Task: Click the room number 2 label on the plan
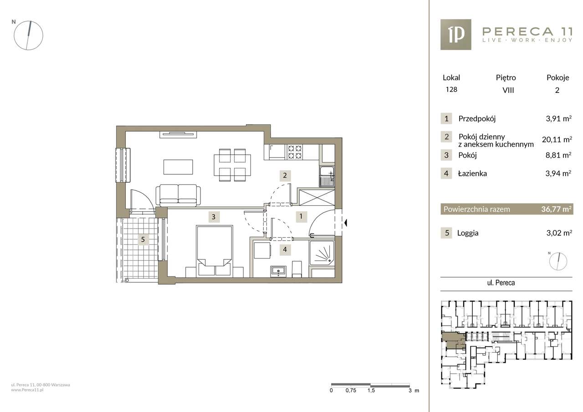285,176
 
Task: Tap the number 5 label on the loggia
143,239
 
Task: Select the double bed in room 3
215,251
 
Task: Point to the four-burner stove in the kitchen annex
295,152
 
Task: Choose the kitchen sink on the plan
327,177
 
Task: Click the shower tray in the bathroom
322,253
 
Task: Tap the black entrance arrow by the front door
346,223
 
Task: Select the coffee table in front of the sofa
178,167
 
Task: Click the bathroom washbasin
278,271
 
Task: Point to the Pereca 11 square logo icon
456,35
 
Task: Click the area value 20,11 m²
557,140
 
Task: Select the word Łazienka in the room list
472,173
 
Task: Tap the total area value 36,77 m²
557,209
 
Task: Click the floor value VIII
508,90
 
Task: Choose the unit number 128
451,90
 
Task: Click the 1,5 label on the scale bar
371,398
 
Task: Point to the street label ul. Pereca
501,283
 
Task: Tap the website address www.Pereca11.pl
27,390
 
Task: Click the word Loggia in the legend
468,233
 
